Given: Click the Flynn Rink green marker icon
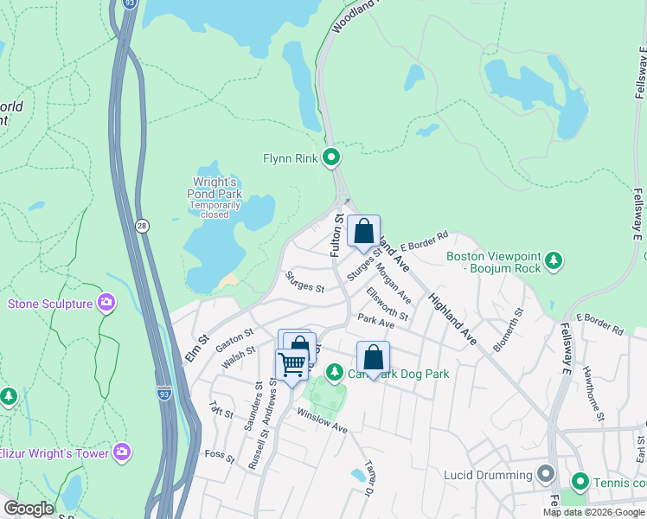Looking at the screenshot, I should tap(330, 157).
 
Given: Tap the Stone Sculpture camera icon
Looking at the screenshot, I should tap(106, 303).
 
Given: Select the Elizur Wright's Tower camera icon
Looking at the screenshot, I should tap(122, 452).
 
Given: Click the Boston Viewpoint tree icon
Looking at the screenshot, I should tap(554, 259).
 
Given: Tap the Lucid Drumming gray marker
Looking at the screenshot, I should tap(545, 474).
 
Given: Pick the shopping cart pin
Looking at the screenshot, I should tap(291, 365).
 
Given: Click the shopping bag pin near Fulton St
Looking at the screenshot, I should tap(364, 232).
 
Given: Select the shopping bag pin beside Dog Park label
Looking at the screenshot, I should tap(373, 357).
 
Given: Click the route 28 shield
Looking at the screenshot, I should tap(141, 227).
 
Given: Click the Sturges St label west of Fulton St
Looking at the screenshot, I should tap(304, 281).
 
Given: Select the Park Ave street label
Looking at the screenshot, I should tap(375, 323).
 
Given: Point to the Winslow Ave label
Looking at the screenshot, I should tap(321, 421).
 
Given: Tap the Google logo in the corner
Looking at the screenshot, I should tap(29, 509).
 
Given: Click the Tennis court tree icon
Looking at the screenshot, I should tap(579, 481).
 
